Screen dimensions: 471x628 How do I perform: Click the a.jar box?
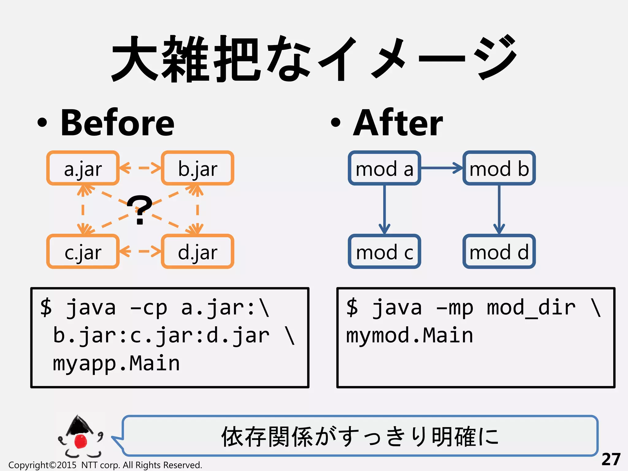pyautogui.click(x=83, y=168)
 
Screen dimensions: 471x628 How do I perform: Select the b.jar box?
pyautogui.click(x=197, y=168)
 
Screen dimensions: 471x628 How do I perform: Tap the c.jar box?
pyautogui.click(x=83, y=251)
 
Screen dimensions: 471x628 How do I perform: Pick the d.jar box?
pyautogui.click(x=197, y=251)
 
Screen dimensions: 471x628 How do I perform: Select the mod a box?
pyautogui.click(x=384, y=168)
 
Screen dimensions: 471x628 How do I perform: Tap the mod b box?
pyautogui.click(x=499, y=168)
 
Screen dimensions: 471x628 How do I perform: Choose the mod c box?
pyautogui.click(x=384, y=251)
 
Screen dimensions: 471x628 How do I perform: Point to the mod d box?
pyautogui.click(x=499, y=251)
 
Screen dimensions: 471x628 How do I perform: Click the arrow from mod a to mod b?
pyautogui.click(x=442, y=168)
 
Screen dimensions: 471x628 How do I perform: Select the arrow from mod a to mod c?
pyautogui.click(x=384, y=210)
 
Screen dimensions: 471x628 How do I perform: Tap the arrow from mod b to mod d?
pyautogui.click(x=499, y=210)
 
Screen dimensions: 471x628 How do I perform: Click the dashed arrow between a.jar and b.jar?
pyautogui.click(x=140, y=168)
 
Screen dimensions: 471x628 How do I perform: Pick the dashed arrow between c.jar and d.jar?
pyautogui.click(x=140, y=251)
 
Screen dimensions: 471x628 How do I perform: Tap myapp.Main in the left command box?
pyautogui.click(x=116, y=363)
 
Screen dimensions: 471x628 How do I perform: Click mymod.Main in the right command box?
pyautogui.click(x=410, y=335)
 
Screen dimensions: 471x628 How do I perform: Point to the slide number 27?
pyautogui.click(x=611, y=459)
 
